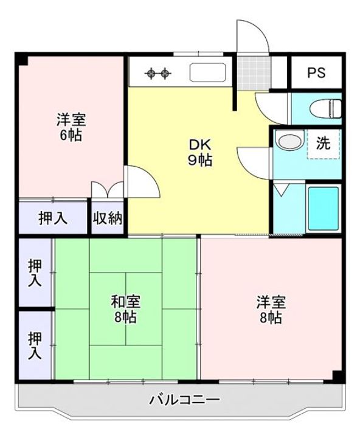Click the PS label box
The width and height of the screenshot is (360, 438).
tap(316, 73)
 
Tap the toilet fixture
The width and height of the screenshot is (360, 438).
tap(325, 109)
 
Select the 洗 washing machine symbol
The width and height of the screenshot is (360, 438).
tap(323, 144)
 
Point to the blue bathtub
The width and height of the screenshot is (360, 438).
tap(323, 209)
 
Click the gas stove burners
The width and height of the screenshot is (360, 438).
tap(158, 74)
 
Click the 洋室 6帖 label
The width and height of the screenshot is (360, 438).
tap(69, 127)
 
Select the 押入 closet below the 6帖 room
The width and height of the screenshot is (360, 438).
tap(54, 217)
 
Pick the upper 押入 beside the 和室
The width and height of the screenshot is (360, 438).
tap(35, 273)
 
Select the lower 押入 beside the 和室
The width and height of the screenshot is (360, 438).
tap(35, 344)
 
